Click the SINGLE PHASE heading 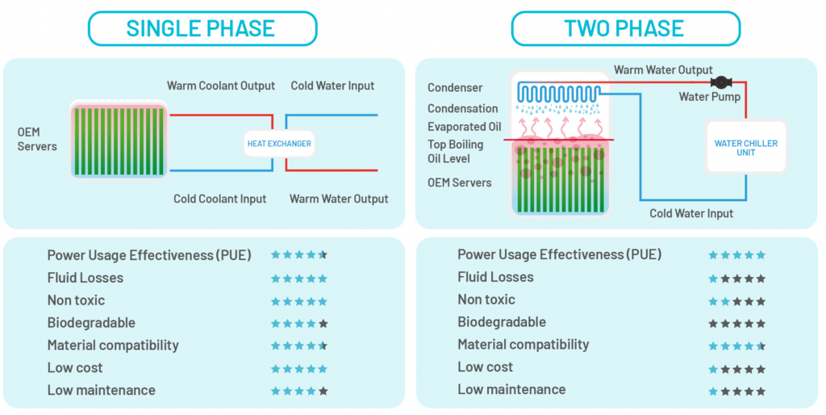pyautogui.click(x=201, y=28)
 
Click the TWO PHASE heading pyautogui.click(x=624, y=28)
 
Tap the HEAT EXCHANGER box pyautogui.click(x=278, y=144)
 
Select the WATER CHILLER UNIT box pyautogui.click(x=745, y=148)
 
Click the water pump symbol pyautogui.click(x=720, y=82)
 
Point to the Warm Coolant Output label pyautogui.click(x=220, y=86)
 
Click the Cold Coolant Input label pyautogui.click(x=219, y=199)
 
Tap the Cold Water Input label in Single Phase pyautogui.click(x=332, y=86)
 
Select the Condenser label pyautogui.click(x=455, y=88)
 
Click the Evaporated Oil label pyautogui.click(x=464, y=127)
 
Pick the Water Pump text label pyautogui.click(x=709, y=98)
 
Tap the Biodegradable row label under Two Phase pyautogui.click(x=501, y=322)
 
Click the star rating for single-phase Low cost pyautogui.click(x=298, y=368)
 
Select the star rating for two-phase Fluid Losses pyautogui.click(x=736, y=279)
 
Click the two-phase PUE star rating pyautogui.click(x=736, y=255)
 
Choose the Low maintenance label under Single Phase pyautogui.click(x=101, y=390)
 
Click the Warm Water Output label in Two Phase pyautogui.click(x=663, y=70)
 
